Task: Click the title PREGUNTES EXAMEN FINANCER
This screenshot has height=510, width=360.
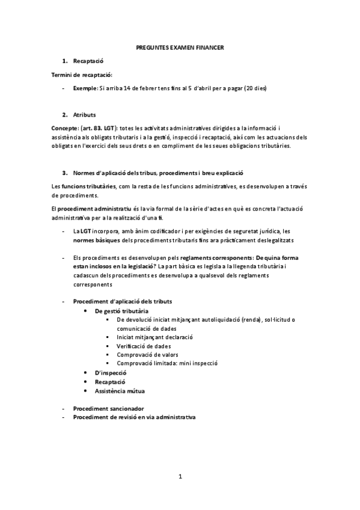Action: click(x=180, y=48)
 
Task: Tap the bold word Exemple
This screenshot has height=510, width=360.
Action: click(x=84, y=88)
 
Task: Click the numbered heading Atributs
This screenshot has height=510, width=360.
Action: click(x=84, y=114)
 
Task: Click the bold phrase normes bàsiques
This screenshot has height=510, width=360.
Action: click(x=96, y=240)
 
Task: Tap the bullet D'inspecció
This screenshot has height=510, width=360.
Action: click(x=110, y=373)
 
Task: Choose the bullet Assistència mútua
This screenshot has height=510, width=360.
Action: click(x=120, y=390)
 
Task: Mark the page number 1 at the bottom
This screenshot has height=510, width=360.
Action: click(x=180, y=477)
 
